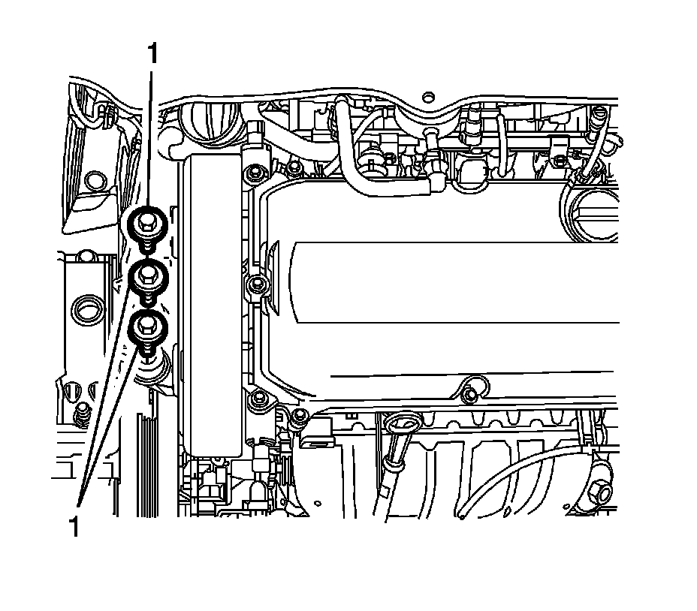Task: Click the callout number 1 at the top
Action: [x=152, y=55]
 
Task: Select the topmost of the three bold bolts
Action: [x=145, y=222]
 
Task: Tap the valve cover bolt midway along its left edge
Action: [x=256, y=284]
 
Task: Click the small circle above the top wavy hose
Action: [x=428, y=97]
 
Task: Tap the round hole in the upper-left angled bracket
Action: [x=93, y=181]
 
